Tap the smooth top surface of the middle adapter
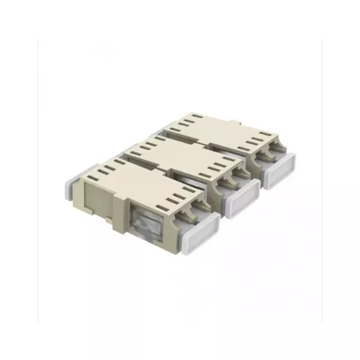pyautogui.click(x=180, y=155)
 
